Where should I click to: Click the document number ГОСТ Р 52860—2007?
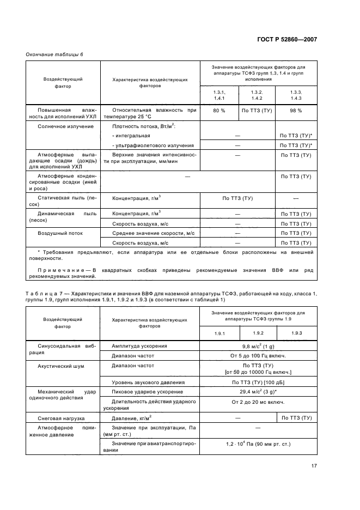286,40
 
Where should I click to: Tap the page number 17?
314,465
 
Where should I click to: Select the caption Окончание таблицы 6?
54,53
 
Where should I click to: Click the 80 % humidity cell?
219,111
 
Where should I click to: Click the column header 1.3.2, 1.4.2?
257,95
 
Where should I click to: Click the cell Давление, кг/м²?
131,418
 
